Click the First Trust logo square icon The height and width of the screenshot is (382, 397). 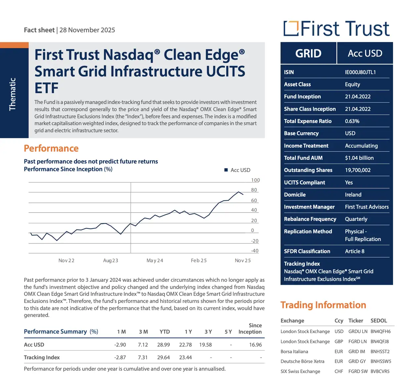click(x=291, y=28)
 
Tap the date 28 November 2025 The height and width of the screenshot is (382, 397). click(x=87, y=30)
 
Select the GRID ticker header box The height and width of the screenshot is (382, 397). click(x=308, y=53)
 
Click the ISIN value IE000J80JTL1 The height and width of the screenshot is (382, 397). click(x=360, y=72)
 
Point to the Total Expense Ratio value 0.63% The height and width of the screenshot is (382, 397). click(x=352, y=121)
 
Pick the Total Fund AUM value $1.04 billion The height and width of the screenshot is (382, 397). click(x=359, y=158)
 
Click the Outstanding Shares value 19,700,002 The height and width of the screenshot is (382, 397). click(x=358, y=170)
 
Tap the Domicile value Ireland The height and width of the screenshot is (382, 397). click(x=353, y=194)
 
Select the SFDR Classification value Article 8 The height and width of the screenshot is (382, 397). click(x=355, y=251)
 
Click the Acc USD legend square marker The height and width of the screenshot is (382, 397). click(x=226, y=170)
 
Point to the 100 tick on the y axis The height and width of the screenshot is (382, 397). click(x=255, y=180)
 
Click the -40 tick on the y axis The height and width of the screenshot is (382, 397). click(x=255, y=251)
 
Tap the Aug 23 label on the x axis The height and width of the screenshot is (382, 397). click(x=110, y=260)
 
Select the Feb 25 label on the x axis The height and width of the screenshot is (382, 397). click(x=199, y=260)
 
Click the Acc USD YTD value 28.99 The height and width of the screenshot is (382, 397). click(x=163, y=345)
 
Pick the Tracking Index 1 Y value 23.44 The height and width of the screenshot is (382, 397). click(x=186, y=357)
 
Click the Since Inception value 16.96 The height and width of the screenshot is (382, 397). click(x=255, y=345)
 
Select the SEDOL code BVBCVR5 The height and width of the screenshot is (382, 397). click(x=380, y=371)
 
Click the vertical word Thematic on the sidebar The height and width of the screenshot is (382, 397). click(x=13, y=94)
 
